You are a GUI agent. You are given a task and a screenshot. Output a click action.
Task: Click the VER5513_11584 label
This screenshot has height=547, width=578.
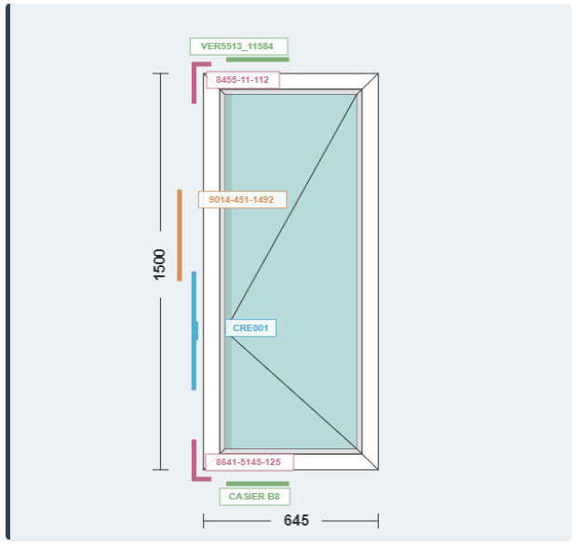pyautogui.click(x=238, y=46)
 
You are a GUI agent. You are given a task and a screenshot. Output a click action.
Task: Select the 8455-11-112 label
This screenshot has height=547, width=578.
pyautogui.click(x=242, y=80)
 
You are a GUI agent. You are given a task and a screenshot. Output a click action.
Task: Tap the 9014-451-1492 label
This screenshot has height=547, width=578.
pyautogui.click(x=242, y=199)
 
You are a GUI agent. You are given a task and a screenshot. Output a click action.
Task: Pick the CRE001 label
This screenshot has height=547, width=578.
pyautogui.click(x=250, y=327)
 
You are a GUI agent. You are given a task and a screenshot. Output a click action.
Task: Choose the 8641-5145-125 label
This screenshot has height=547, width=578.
pyautogui.click(x=248, y=461)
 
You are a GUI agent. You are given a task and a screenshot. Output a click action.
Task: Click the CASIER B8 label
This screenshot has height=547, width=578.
pyautogui.click(x=254, y=497)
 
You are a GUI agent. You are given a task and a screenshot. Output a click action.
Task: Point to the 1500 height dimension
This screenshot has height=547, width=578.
pyautogui.click(x=160, y=264)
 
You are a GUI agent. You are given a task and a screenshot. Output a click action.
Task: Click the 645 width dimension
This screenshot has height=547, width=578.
pyautogui.click(x=296, y=521)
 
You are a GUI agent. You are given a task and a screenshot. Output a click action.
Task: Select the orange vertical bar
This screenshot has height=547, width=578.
pyautogui.click(x=180, y=234)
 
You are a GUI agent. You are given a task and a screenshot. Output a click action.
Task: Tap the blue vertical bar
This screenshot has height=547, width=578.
pyautogui.click(x=194, y=330)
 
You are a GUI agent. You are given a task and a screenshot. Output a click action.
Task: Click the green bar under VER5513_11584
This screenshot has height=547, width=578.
pyautogui.click(x=257, y=60)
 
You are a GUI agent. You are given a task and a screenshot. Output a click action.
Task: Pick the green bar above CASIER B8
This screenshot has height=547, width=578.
pyautogui.click(x=257, y=484)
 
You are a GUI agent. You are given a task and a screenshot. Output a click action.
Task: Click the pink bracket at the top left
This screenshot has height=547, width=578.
pyautogui.click(x=195, y=80)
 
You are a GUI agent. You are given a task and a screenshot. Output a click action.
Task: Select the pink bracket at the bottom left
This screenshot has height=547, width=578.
pyautogui.click(x=195, y=462)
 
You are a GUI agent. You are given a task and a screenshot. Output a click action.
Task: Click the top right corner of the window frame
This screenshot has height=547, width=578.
pyautogui.click(x=378, y=73)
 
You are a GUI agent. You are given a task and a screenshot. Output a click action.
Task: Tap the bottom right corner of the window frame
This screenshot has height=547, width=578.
pyautogui.click(x=378, y=469)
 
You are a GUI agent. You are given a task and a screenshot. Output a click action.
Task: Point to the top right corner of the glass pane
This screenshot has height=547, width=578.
pyautogui.click(x=357, y=95)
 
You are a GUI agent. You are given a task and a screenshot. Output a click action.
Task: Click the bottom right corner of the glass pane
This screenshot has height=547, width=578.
pyautogui.click(x=357, y=448)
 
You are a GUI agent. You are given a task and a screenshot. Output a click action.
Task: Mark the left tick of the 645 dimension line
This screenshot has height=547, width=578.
pyautogui.click(x=204, y=521)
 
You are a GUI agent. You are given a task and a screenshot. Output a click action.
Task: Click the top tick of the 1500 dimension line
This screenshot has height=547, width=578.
pyautogui.click(x=161, y=73)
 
